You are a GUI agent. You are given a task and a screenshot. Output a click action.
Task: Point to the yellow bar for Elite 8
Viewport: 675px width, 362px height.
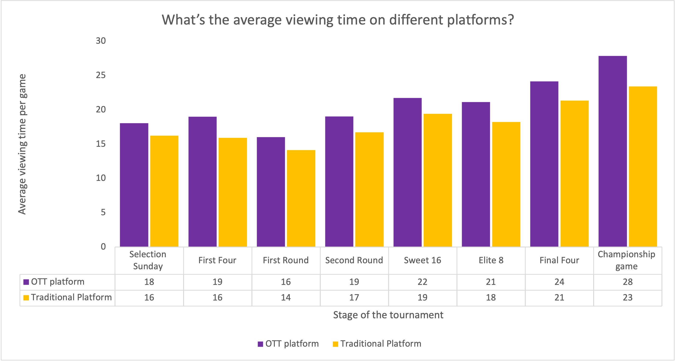pyautogui.click(x=506, y=184)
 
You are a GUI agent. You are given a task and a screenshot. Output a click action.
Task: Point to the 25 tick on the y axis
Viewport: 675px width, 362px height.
pyautogui.click(x=101, y=75)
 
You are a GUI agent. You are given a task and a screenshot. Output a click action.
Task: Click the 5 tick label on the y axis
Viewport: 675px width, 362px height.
pyautogui.click(x=103, y=212)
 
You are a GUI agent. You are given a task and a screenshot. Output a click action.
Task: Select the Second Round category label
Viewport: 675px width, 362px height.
pyautogui.click(x=354, y=260)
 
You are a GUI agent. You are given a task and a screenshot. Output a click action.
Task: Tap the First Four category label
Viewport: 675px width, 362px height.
pyautogui.click(x=217, y=260)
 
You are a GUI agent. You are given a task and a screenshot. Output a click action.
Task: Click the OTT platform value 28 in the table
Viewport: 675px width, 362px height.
pyautogui.click(x=628, y=282)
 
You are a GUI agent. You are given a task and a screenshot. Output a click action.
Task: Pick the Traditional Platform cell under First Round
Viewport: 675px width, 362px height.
pyautogui.click(x=286, y=298)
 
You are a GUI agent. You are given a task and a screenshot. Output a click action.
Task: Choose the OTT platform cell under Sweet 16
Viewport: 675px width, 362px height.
pyautogui.click(x=422, y=282)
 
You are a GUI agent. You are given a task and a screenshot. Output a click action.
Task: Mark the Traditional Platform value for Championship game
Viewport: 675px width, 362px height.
pyautogui.click(x=628, y=298)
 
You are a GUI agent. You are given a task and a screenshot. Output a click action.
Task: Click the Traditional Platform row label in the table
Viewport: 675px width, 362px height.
pyautogui.click(x=71, y=297)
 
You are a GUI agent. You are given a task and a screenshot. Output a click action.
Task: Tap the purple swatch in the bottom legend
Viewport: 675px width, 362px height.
pyautogui.click(x=260, y=344)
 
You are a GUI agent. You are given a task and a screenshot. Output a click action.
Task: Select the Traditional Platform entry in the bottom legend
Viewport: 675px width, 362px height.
pyautogui.click(x=380, y=344)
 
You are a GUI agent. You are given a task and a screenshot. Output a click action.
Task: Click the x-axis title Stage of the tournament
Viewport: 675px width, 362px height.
pyautogui.click(x=388, y=315)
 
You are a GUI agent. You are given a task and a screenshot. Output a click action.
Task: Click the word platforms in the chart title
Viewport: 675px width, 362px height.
pyautogui.click(x=480, y=20)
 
